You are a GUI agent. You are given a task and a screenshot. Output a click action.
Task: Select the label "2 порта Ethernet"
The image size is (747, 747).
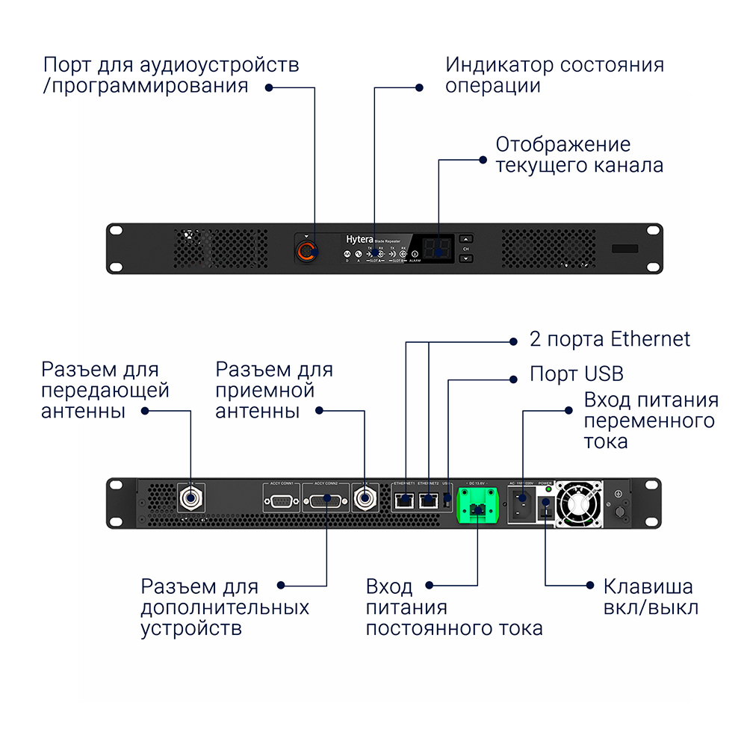click(x=610, y=339)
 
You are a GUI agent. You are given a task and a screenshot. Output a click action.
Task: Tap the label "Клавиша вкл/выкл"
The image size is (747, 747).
click(x=651, y=597)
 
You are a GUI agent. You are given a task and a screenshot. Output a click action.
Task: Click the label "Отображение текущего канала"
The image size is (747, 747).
click(x=579, y=155)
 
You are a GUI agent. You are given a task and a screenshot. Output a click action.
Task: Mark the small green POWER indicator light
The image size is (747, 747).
click(x=549, y=489)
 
